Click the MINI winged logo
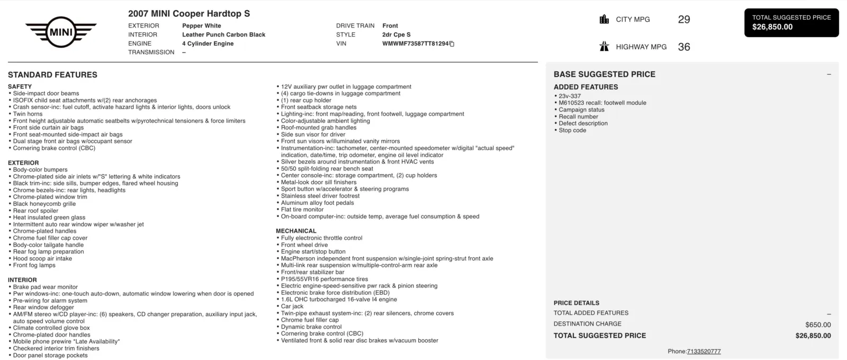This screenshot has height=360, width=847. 61,32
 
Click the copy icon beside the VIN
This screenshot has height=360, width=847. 452,44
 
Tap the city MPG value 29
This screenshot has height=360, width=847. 684,20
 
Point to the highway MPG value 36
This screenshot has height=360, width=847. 684,47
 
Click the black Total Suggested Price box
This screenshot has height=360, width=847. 791,23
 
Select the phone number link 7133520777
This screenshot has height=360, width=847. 704,352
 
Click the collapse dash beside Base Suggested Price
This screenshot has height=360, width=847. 829,75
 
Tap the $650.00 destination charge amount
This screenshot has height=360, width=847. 818,325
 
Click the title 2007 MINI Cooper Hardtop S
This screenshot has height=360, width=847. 189,14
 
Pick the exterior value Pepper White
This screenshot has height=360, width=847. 202,26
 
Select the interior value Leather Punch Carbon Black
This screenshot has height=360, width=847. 223,35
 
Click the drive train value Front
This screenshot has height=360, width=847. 390,26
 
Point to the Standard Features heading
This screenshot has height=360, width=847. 52,75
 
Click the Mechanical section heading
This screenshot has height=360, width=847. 296,231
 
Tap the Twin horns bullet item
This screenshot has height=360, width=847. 28,114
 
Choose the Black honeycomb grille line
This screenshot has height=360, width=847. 44,204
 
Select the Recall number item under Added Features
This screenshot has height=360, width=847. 578,117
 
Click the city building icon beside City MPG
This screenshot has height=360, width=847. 604,20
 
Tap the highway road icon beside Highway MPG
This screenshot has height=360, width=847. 604,47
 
